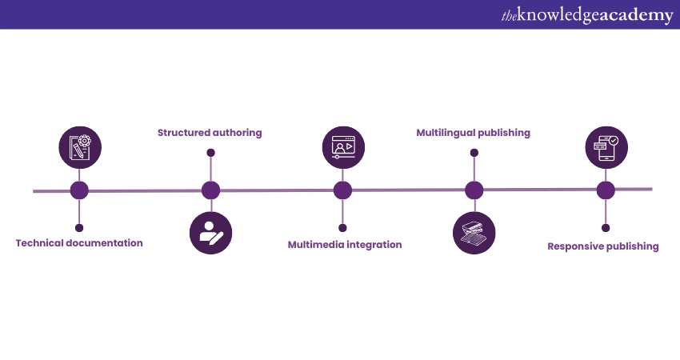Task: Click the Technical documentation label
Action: tap(79, 243)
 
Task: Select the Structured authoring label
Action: tap(210, 133)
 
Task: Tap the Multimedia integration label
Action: tap(345, 245)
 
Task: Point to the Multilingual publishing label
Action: tap(474, 133)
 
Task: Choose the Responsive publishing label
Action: tap(603, 246)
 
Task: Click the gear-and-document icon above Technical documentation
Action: tap(80, 147)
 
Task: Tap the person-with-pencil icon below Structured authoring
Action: tap(210, 233)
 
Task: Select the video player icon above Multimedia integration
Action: tap(342, 147)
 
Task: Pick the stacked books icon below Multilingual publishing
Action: tap(474, 233)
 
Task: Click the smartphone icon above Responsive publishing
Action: tap(606, 147)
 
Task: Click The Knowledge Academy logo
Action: tap(586, 15)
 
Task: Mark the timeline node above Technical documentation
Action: tap(79, 190)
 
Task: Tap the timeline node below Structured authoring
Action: tap(210, 190)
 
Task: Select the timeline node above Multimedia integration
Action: tap(342, 190)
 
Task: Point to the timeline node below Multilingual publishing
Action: tap(474, 190)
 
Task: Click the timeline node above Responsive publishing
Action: tap(606, 190)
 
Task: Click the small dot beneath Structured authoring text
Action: tap(210, 152)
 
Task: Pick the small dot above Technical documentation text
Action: tap(79, 228)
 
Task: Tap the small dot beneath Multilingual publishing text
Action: tap(474, 152)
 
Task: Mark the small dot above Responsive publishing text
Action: tap(606, 228)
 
